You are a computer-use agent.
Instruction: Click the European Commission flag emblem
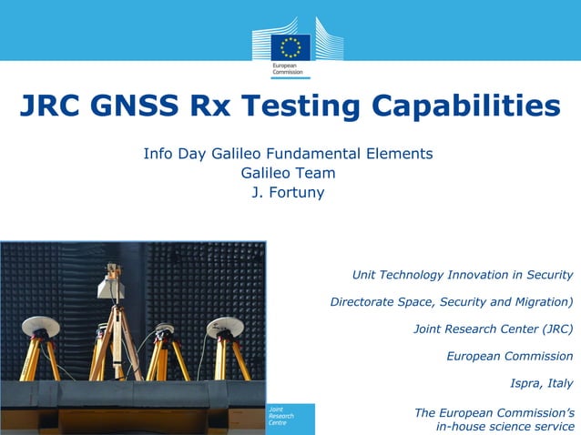pos(290,46)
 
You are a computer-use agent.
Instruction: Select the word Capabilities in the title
pos(462,107)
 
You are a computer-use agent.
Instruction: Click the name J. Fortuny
pos(288,192)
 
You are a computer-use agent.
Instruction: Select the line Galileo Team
pos(288,173)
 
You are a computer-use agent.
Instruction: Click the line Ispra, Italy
pos(542,383)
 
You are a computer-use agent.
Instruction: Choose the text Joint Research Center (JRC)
pos(493,329)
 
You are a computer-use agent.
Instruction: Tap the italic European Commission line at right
pos(509,356)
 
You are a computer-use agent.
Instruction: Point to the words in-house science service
pos(505,426)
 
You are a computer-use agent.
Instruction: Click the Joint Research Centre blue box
pos(290,419)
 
